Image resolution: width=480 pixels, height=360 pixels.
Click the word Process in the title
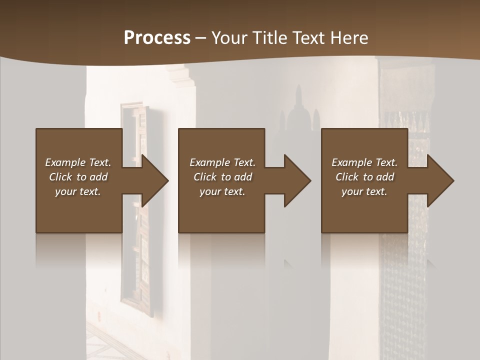pyautogui.click(x=157, y=38)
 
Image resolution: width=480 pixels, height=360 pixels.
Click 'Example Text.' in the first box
pyautogui.click(x=78, y=162)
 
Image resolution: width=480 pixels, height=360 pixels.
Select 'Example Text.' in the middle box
pyautogui.click(x=222, y=162)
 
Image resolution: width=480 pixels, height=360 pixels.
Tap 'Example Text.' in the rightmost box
pyautogui.click(x=364, y=162)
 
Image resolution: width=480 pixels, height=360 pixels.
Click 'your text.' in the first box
pyautogui.click(x=78, y=191)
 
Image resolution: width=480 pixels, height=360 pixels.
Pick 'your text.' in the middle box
pyautogui.click(x=222, y=191)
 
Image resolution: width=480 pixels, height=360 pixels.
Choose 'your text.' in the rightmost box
pyautogui.click(x=364, y=191)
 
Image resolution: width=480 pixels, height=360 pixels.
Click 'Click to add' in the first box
pyautogui.click(x=78, y=177)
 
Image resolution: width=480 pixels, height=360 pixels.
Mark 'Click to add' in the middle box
pyautogui.click(x=222, y=177)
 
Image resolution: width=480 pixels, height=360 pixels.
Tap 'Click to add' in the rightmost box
pyautogui.click(x=364, y=177)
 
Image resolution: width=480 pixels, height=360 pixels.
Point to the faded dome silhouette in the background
pyautogui.click(x=299, y=112)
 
